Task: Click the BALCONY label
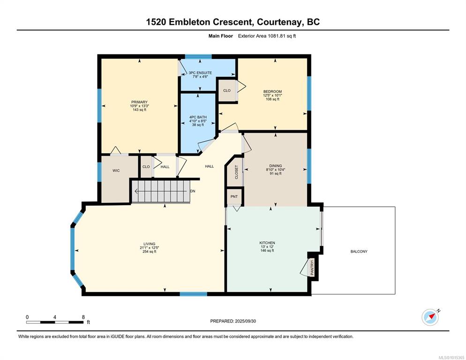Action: tap(359, 252)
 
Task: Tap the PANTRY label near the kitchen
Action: tap(312, 268)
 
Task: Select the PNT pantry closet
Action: tap(234, 196)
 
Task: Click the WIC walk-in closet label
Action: tap(116, 170)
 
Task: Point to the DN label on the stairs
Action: tap(193, 191)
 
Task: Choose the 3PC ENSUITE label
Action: tap(200, 73)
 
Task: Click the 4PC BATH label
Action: tap(198, 117)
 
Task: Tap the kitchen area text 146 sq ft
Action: tap(267, 251)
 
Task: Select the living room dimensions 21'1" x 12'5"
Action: tap(149, 247)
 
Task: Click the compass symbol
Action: tap(430, 317)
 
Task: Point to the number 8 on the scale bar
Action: tap(83, 317)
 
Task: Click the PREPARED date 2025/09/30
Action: tap(245, 321)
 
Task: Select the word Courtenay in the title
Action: tap(278, 22)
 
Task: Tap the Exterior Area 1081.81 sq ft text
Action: tap(267, 36)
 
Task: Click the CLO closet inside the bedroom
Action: tap(227, 90)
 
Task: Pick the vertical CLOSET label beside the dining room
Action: tap(237, 172)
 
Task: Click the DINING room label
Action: tap(276, 166)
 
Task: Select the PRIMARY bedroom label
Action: tap(139, 102)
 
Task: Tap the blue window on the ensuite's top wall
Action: tap(198, 56)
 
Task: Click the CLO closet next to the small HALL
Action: tap(146, 167)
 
